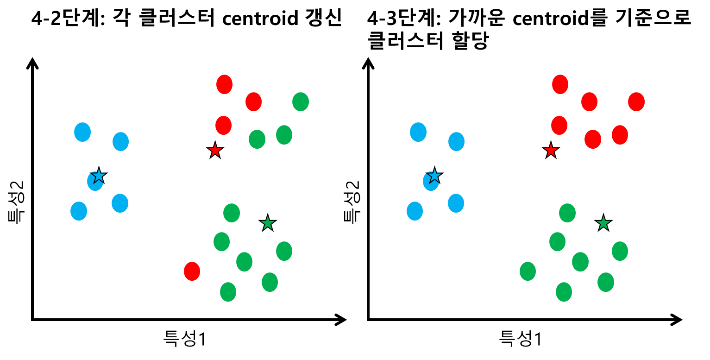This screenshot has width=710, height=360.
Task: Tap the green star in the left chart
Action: coord(267,223)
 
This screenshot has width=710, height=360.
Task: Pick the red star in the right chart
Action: coord(551,151)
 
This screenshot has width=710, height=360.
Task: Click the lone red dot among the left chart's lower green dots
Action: coord(192,271)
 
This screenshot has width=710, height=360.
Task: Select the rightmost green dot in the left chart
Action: coord(301,102)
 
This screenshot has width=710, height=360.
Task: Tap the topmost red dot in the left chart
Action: coord(224,84)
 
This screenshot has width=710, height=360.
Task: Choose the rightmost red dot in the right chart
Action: coord(636,102)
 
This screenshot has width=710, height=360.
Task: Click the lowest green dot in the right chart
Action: coord(564,292)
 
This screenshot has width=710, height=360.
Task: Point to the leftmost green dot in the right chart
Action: coord(528,271)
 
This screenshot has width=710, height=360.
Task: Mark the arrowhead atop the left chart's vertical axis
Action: coord(32,62)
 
